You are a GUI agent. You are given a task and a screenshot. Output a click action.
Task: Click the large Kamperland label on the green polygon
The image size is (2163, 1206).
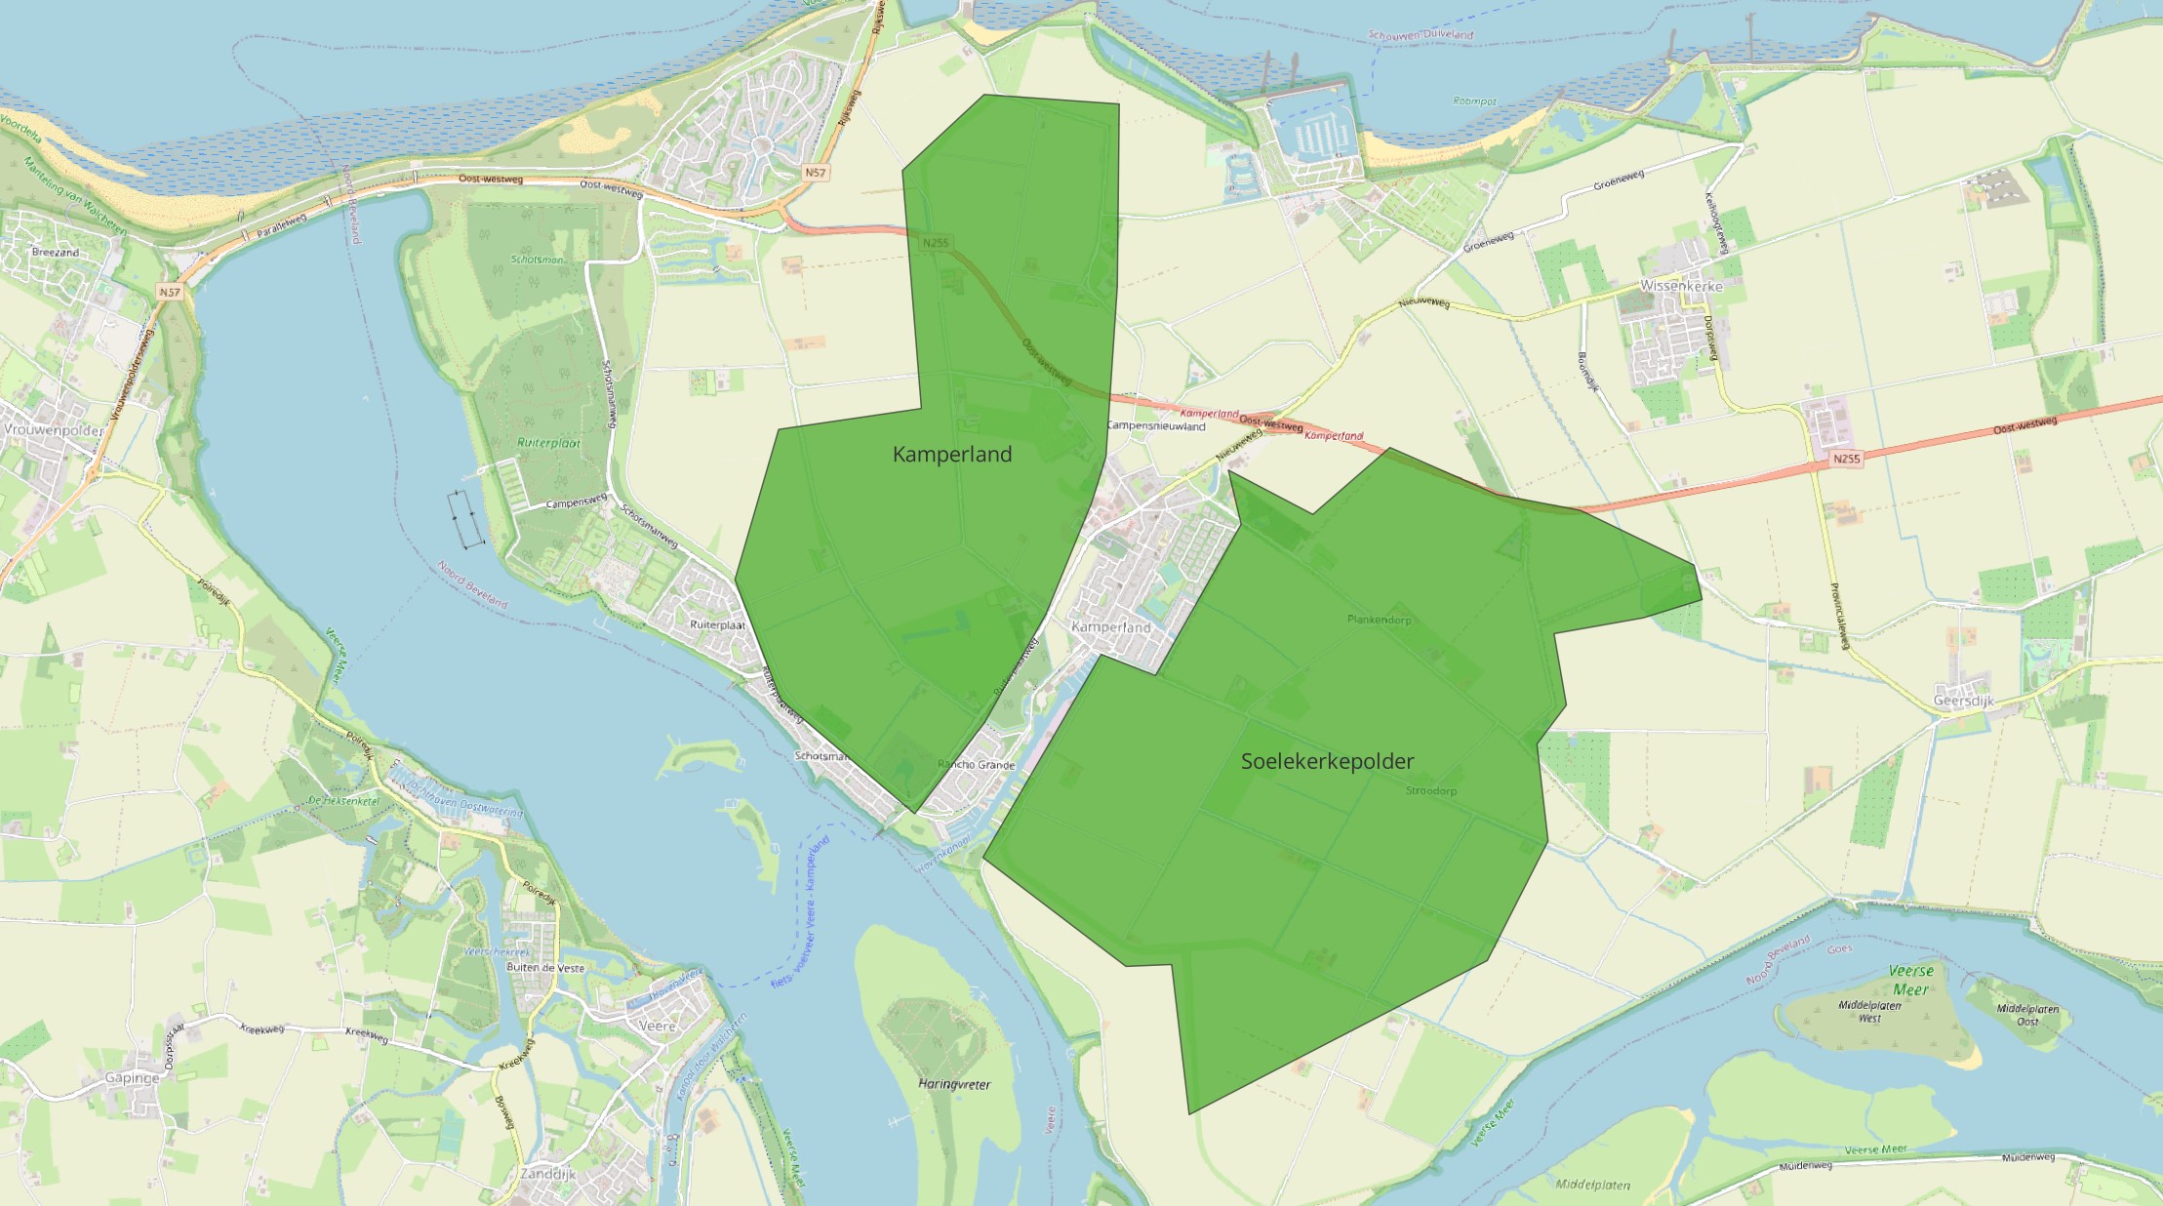click(952, 454)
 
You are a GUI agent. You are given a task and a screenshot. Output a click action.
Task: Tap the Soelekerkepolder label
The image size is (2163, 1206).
click(1327, 761)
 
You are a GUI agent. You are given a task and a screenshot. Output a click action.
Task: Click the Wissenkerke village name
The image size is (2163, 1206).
click(1681, 286)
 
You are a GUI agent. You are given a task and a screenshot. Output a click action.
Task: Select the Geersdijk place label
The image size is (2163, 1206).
click(1963, 701)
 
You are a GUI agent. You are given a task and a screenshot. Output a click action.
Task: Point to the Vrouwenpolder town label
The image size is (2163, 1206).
click(54, 429)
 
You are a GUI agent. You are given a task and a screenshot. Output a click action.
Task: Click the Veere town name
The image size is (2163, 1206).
click(657, 1025)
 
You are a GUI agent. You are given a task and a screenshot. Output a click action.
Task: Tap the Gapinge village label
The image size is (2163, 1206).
click(132, 1078)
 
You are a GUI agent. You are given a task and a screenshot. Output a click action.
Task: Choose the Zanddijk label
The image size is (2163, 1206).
click(547, 1174)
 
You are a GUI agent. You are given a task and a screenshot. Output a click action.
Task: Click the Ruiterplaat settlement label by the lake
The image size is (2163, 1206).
click(717, 624)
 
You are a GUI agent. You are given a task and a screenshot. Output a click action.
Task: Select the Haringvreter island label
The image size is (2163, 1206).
click(954, 1084)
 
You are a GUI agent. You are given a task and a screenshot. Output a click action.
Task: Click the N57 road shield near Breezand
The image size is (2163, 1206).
click(170, 292)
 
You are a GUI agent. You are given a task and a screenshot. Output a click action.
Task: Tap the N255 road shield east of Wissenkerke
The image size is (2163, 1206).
click(1846, 459)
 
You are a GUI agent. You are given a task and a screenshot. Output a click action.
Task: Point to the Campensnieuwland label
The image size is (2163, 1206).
click(1156, 426)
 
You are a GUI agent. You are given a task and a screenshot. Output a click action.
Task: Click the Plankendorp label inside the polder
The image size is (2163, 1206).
click(1379, 620)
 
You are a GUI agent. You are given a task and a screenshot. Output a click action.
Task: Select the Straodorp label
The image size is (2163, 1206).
click(1430, 790)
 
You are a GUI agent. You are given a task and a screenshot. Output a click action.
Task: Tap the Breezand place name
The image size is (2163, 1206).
click(56, 252)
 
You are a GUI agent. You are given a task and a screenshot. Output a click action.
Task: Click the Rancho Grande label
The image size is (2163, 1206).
click(976, 765)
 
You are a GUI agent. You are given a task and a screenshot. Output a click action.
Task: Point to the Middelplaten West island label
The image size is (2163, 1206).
click(1869, 1011)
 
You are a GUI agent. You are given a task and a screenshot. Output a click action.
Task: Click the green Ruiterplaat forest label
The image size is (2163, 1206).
click(548, 443)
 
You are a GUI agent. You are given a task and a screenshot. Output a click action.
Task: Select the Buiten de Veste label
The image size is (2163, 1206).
click(545, 968)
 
